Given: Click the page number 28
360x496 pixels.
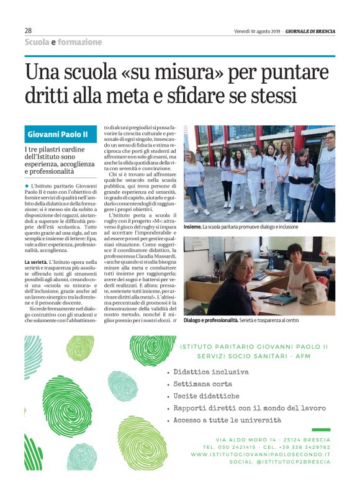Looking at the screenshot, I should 28,30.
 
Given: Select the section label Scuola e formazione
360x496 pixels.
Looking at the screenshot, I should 63,42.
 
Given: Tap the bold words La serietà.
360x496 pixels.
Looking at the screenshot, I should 36,263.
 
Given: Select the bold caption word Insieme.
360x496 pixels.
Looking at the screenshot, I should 194,227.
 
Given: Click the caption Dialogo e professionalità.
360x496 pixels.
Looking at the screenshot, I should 211,320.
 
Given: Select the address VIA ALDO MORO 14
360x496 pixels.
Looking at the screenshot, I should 236,440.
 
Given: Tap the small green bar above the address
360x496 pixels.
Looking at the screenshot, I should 321,430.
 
